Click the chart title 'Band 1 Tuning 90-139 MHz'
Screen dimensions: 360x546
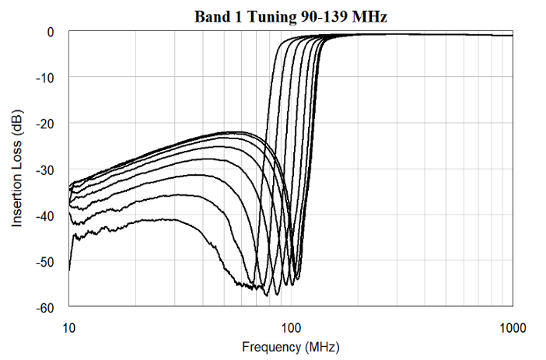(290, 15)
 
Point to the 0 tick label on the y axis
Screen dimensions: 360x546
(50, 32)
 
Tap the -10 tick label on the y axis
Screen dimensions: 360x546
(45, 77)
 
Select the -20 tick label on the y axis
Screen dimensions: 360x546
(45, 123)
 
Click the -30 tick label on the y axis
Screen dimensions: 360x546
(45, 169)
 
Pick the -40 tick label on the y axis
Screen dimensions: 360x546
(45, 215)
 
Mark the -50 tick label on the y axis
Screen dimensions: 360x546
(45, 260)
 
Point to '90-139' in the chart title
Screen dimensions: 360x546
(320, 15)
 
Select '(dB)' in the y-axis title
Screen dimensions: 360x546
(17, 128)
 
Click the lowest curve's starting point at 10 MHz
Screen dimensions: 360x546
(69, 270)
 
